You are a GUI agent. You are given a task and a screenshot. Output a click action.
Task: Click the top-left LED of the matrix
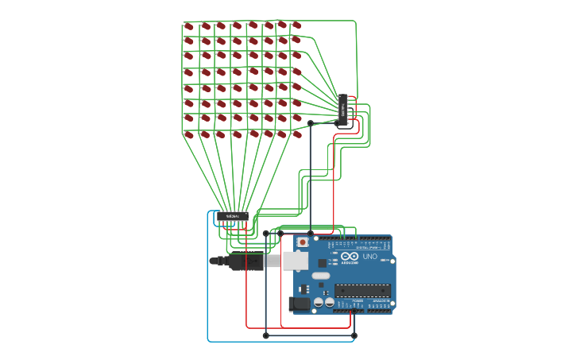(x=189, y=26)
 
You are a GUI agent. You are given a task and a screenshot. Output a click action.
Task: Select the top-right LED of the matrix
(x=296, y=25)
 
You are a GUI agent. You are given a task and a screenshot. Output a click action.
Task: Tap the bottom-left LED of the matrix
(x=189, y=135)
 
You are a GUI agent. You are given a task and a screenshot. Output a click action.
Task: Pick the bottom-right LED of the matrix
(x=297, y=134)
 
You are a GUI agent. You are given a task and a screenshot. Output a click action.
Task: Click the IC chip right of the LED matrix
(x=343, y=110)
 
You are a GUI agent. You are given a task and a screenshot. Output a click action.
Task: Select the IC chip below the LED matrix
(x=233, y=216)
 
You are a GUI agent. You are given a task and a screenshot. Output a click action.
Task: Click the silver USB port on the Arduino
(x=295, y=261)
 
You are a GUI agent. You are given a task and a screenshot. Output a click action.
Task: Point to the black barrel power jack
(x=300, y=303)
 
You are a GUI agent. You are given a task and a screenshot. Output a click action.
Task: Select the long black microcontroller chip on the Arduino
(x=362, y=290)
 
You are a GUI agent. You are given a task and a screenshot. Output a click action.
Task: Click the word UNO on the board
(x=370, y=257)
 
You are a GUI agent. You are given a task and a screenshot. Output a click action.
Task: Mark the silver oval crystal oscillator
(x=321, y=276)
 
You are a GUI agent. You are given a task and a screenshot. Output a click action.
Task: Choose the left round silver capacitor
(x=319, y=302)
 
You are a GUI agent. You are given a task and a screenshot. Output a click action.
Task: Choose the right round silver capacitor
(x=330, y=302)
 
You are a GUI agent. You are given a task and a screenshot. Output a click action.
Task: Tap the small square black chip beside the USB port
(x=322, y=262)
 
